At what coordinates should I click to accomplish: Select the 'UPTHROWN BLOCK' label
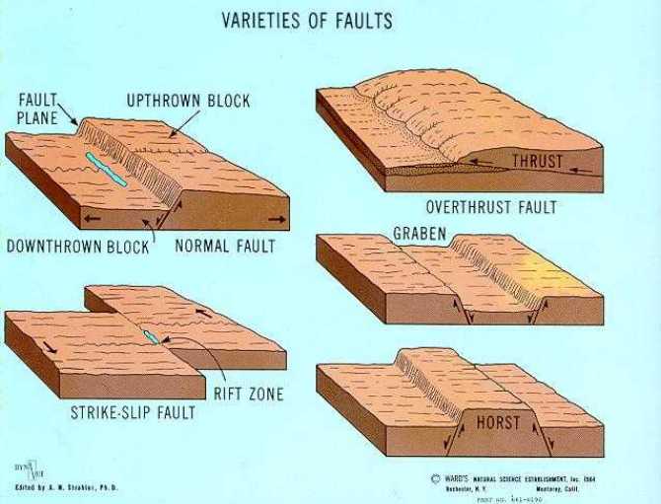[187, 101]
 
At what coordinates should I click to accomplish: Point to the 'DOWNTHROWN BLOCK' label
[78, 247]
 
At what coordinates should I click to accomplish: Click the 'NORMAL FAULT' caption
[225, 247]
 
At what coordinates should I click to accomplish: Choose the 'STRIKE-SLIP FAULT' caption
[134, 412]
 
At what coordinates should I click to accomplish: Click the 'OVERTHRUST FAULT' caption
[490, 207]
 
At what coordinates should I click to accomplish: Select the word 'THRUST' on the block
[539, 160]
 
